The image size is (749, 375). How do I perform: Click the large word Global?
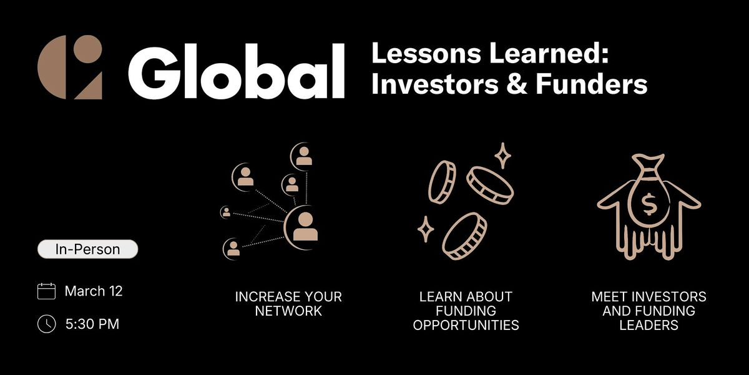point(237,71)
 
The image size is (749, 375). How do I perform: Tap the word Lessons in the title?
point(426,54)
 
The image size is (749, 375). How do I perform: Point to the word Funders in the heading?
point(592,84)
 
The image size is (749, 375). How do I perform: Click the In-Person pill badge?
point(87,249)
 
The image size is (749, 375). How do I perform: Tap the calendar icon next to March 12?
point(46,291)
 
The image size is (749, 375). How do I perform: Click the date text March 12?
point(94,291)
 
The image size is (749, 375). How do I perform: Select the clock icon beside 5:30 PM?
point(46,324)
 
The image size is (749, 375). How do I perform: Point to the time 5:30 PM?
point(92,324)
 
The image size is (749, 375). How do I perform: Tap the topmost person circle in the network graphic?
point(302,156)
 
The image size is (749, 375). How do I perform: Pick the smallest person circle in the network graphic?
point(226,212)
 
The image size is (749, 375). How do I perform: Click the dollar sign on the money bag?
point(649,204)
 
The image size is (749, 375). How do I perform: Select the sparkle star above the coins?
point(502,156)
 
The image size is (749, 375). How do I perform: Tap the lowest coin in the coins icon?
point(464,236)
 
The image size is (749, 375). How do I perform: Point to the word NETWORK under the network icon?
point(288,311)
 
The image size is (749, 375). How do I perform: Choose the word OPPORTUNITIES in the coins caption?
point(466,325)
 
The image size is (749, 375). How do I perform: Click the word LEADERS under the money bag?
point(649,325)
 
